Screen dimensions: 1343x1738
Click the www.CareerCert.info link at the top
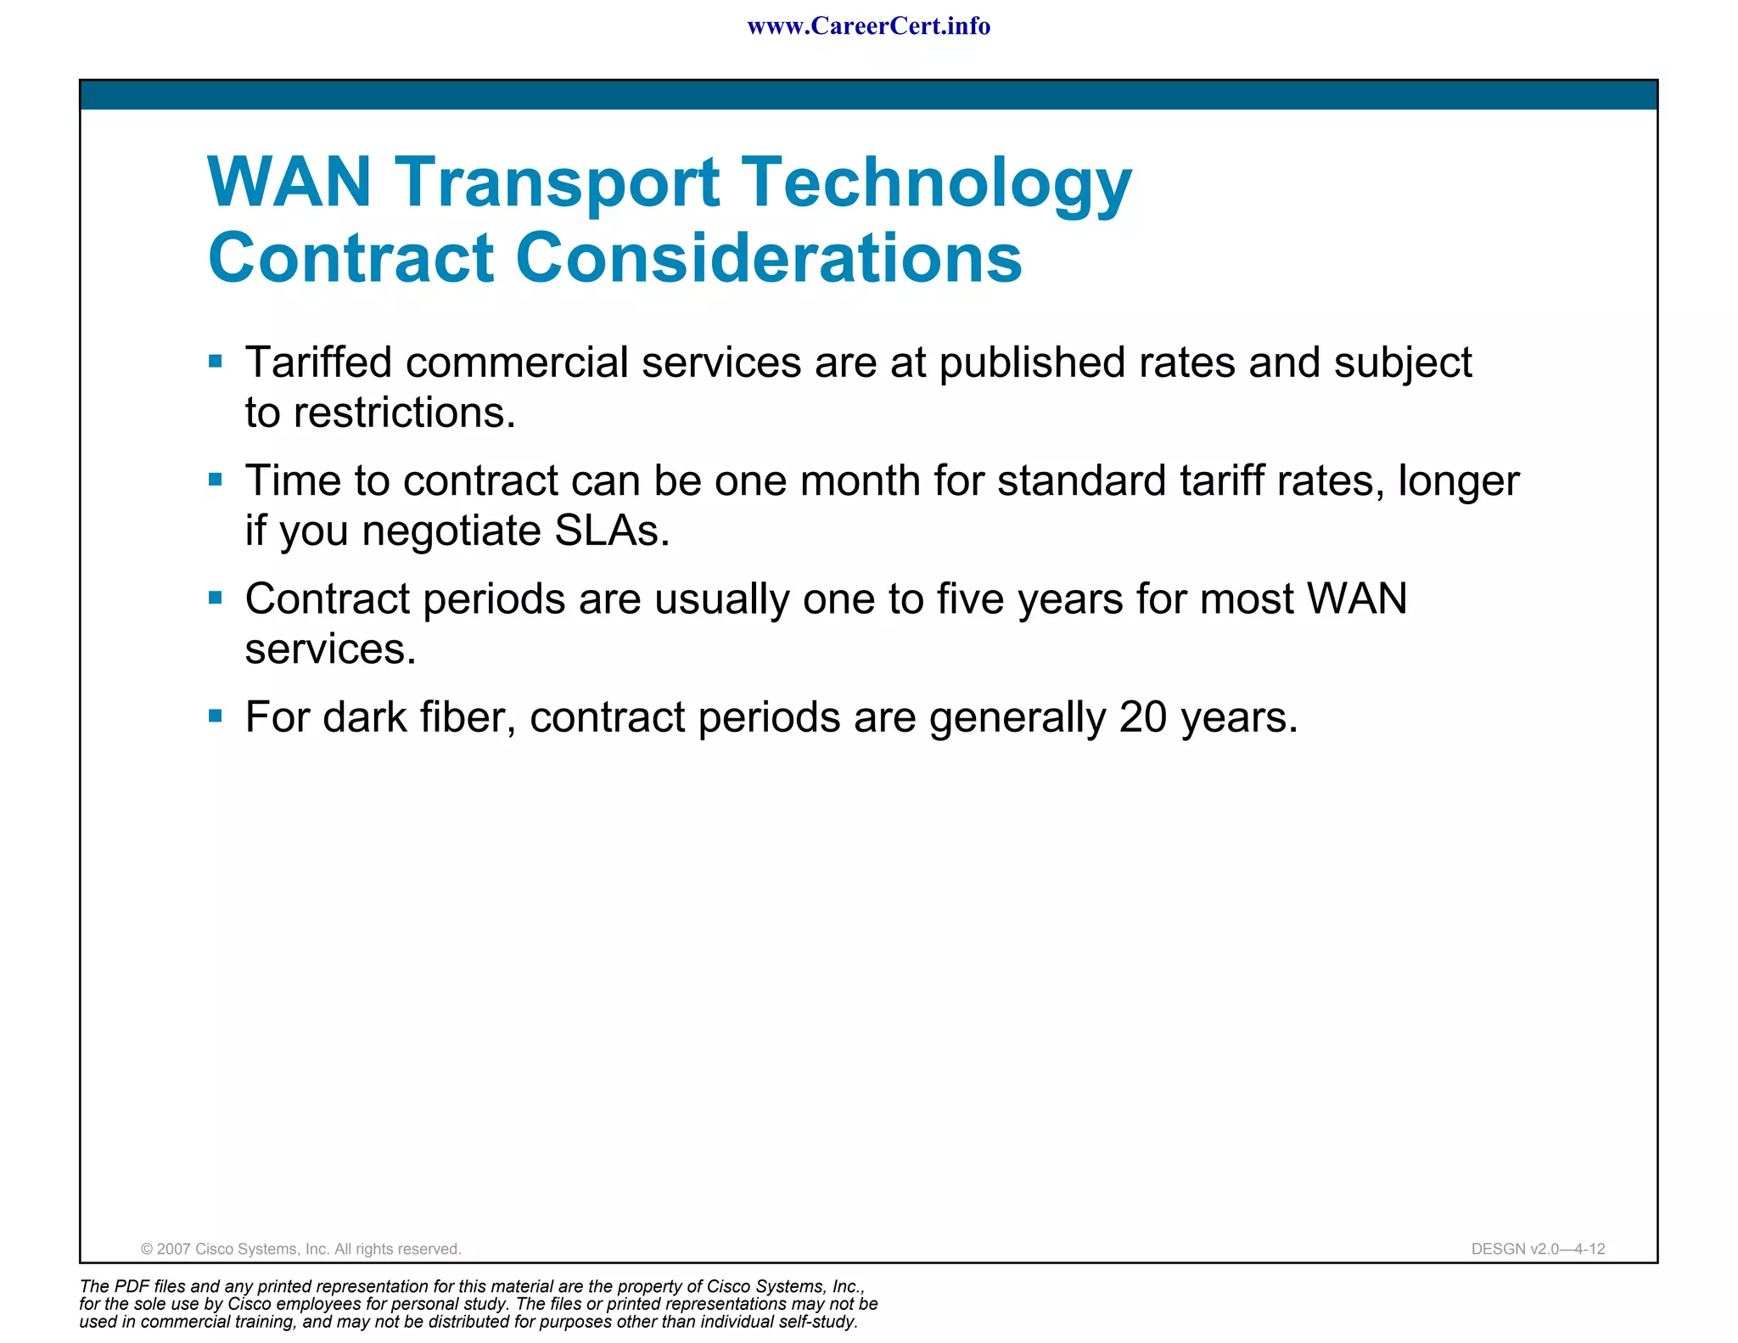(868, 26)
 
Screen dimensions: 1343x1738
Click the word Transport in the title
(558, 183)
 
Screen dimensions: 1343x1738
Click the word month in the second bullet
(860, 480)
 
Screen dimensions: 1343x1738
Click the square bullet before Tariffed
(216, 362)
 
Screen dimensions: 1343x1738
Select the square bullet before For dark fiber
(216, 716)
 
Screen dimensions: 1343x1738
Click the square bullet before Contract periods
(216, 598)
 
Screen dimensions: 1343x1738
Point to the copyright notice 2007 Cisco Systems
(301, 1249)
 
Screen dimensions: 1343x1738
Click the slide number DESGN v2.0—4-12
(1538, 1249)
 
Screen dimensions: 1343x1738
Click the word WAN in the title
(289, 183)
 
